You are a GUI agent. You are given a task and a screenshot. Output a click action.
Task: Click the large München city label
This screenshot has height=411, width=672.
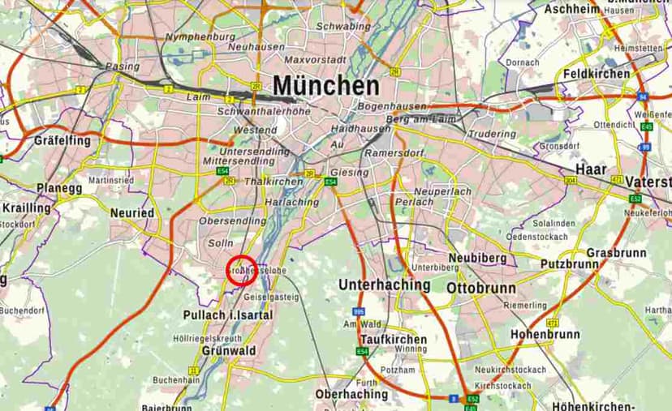(325, 86)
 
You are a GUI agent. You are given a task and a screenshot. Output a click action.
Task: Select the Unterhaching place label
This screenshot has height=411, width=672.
(384, 285)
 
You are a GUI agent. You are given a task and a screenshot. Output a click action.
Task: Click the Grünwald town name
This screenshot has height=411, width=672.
(229, 351)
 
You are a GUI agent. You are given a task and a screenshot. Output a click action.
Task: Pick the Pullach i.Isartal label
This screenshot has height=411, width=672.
(228, 315)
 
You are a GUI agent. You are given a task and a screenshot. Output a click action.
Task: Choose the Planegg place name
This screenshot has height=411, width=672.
(59, 188)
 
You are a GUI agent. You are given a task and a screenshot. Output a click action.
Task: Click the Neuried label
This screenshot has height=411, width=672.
(132, 212)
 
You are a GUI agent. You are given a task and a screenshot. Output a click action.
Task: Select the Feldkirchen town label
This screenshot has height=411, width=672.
(597, 74)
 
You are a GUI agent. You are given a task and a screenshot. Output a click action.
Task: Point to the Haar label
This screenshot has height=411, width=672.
(591, 169)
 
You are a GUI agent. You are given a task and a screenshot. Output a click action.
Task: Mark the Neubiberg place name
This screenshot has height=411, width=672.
(478, 257)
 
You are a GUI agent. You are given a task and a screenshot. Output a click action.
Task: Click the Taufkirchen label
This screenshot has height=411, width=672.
(393, 339)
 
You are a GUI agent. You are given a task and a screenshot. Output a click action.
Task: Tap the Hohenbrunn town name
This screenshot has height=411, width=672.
(545, 334)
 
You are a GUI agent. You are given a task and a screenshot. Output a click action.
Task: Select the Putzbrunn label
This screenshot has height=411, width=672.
(570, 264)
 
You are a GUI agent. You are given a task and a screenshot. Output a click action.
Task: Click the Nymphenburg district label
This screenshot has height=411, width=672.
(200, 36)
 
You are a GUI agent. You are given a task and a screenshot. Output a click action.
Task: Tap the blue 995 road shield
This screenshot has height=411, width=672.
(358, 311)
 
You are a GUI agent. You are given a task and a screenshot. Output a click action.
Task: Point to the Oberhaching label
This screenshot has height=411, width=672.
(351, 394)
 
